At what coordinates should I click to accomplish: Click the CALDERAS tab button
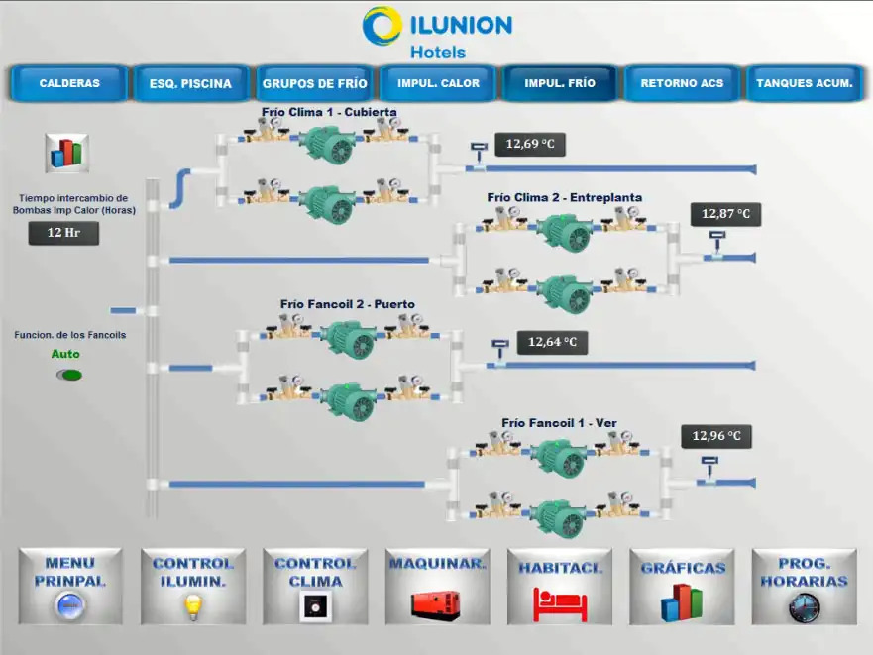tap(69, 83)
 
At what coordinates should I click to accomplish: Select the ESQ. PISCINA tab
tap(190, 83)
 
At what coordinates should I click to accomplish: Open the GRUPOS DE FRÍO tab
tap(314, 83)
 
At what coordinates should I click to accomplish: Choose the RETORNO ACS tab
tap(682, 83)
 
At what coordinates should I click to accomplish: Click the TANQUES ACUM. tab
tap(804, 83)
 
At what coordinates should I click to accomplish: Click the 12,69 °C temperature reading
tap(529, 145)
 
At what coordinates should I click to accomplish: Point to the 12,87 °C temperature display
tap(725, 214)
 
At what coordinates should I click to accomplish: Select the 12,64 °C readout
tap(551, 343)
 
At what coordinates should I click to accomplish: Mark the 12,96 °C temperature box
tap(715, 436)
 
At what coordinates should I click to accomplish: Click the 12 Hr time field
tap(63, 233)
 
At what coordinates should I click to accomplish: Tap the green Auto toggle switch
tap(69, 375)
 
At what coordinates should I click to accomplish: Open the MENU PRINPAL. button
tap(70, 586)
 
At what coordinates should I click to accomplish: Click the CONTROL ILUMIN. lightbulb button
tap(192, 586)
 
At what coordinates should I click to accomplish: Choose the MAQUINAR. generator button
tap(437, 586)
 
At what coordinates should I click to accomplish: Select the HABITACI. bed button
tap(560, 586)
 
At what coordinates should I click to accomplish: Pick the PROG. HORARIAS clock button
tap(804, 586)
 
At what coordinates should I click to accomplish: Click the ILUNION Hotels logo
tap(437, 32)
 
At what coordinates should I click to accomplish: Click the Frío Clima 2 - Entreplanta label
tap(564, 197)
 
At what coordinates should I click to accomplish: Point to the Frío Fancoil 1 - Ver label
tap(559, 423)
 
